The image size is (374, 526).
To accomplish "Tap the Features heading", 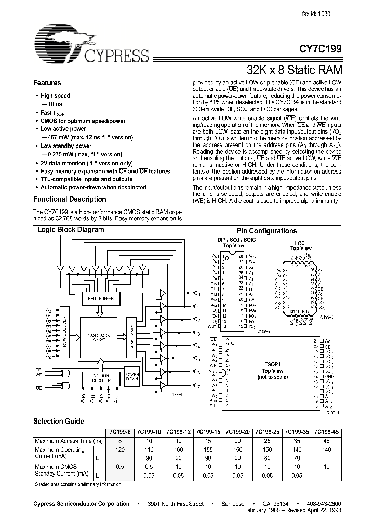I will click(x=47, y=83).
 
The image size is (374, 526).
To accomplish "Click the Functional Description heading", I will click(x=70, y=199).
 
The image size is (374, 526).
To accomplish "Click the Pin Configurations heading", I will click(x=266, y=231).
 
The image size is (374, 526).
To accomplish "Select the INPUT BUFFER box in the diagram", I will click(x=101, y=298).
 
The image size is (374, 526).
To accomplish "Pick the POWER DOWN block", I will click(x=131, y=377).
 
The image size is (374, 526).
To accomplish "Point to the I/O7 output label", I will click(x=180, y=386).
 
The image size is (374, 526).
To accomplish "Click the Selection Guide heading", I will click(x=59, y=422).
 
